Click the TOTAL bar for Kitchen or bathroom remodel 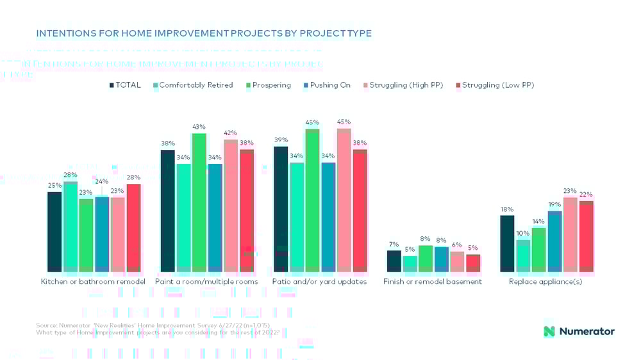tap(54, 231)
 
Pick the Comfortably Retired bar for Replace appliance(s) tap(523, 256)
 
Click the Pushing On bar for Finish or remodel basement tap(442, 259)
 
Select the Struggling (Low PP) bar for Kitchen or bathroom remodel tap(133, 227)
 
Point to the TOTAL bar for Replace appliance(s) tap(507, 243)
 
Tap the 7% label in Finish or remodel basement tap(394, 244)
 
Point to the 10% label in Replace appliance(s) tap(523, 233)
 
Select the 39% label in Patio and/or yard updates tap(281, 140)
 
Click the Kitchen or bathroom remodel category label tap(93, 281)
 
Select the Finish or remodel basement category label tap(433, 281)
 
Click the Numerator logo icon tap(549, 331)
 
